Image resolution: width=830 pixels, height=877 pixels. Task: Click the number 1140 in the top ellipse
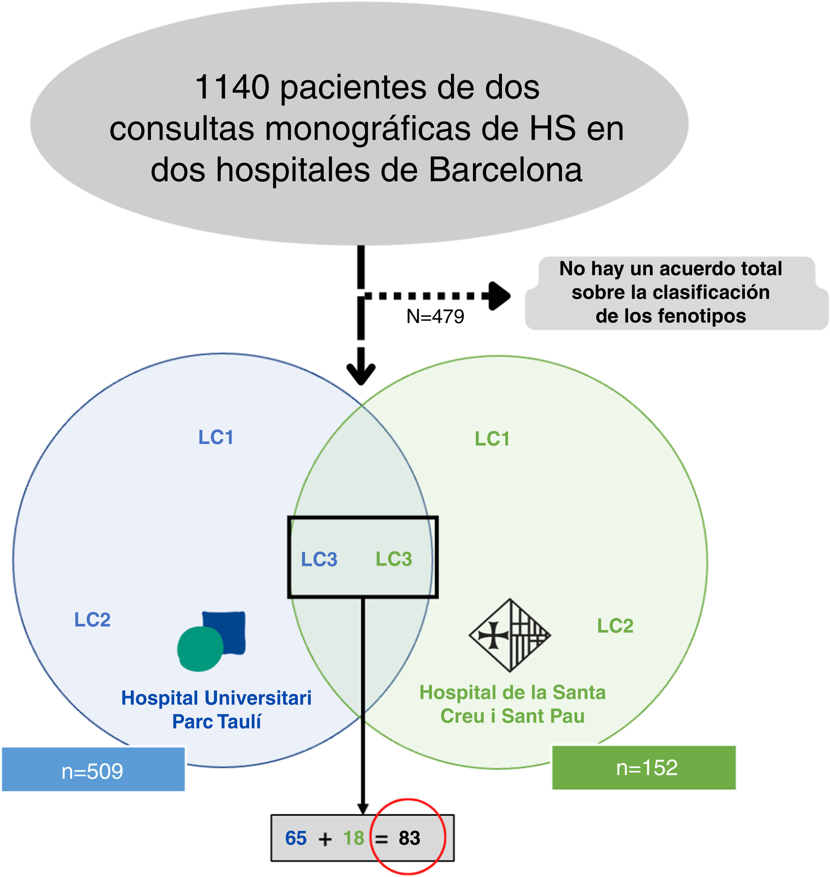click(x=232, y=87)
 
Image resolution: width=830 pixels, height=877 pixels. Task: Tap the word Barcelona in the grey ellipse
click(x=505, y=170)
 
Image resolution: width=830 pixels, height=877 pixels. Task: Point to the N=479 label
click(x=435, y=316)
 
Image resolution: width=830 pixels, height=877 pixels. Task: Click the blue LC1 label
click(x=216, y=437)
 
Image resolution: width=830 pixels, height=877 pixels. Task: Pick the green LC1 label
click(x=492, y=439)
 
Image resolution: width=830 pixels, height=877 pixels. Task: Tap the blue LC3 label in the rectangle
click(x=319, y=559)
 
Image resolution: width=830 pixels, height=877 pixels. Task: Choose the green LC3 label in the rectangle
click(x=394, y=559)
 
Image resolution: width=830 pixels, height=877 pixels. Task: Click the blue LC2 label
click(x=92, y=620)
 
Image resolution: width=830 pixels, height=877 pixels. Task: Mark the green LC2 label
click(x=615, y=626)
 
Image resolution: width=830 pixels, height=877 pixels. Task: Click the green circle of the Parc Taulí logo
click(x=200, y=649)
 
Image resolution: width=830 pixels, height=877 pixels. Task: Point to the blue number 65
click(x=296, y=838)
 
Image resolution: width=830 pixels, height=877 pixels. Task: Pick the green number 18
click(x=353, y=838)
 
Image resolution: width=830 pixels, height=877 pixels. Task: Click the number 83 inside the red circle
click(x=409, y=838)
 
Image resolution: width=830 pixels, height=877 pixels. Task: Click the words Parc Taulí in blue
click(x=216, y=722)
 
